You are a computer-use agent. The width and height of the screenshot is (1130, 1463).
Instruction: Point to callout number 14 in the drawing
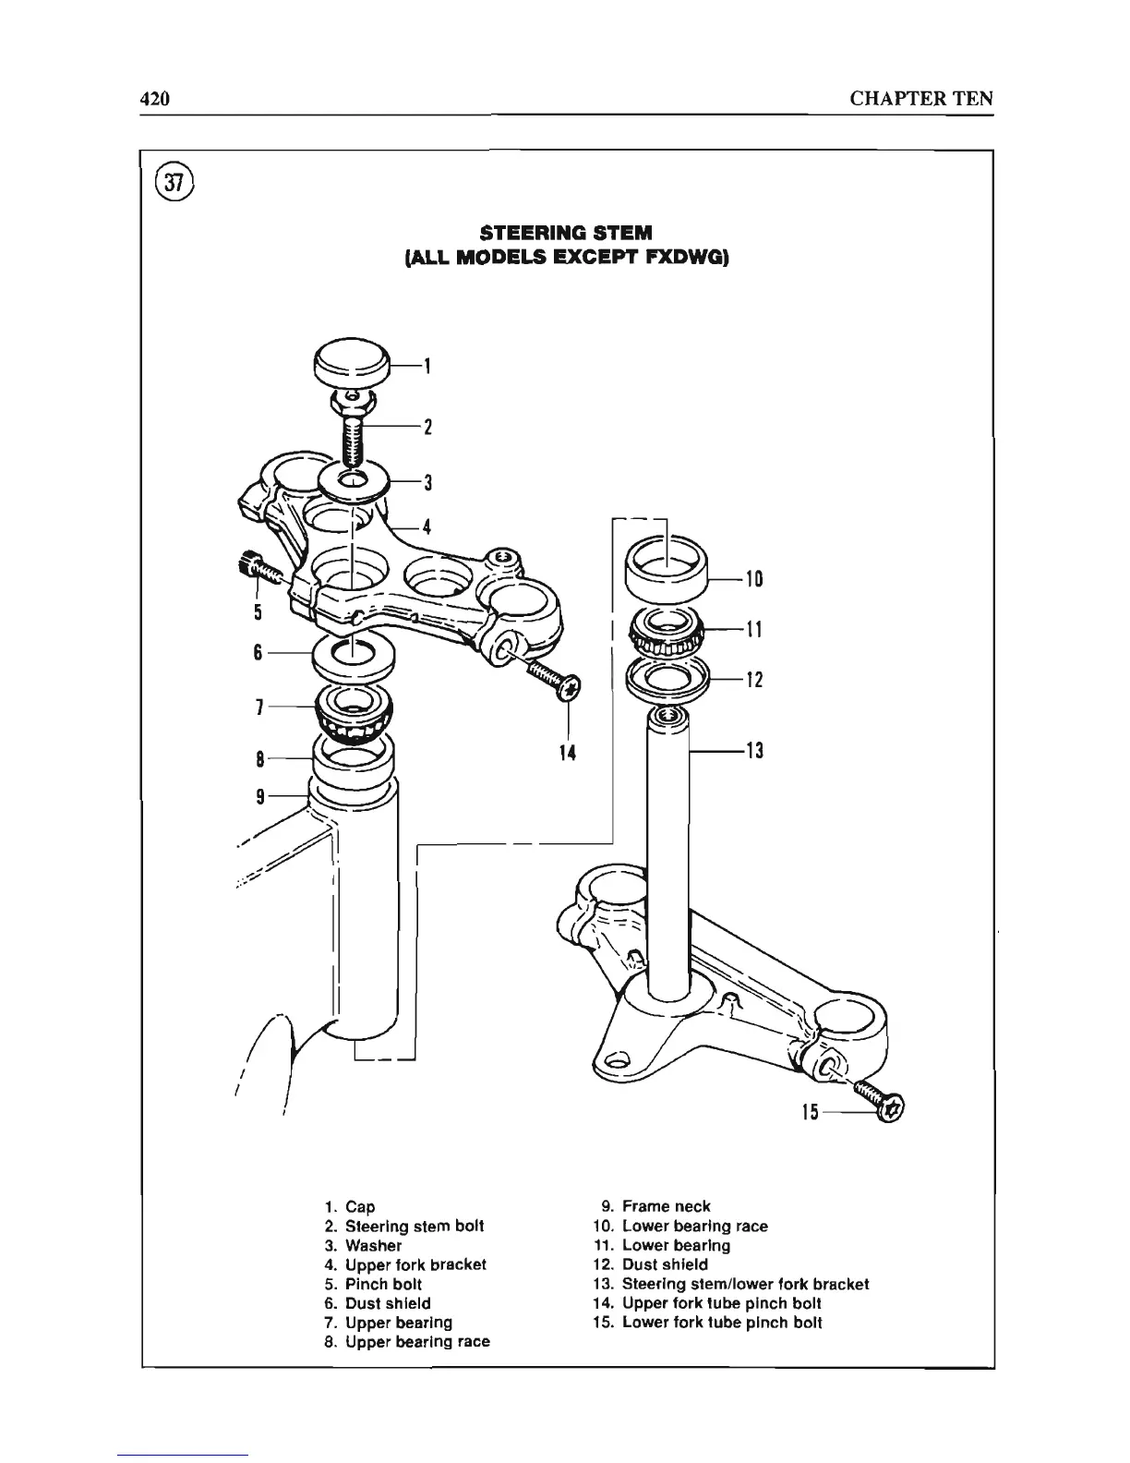click(x=567, y=754)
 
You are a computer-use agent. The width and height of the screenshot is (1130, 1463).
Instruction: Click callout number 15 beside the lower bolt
click(x=810, y=1113)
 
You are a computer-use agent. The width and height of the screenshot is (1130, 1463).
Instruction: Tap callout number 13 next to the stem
click(x=754, y=751)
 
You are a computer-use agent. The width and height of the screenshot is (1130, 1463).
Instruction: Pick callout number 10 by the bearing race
click(x=754, y=579)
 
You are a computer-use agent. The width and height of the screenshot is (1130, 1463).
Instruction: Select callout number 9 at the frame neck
click(x=261, y=795)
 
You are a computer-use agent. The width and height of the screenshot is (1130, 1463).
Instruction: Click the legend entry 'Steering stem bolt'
click(x=414, y=1226)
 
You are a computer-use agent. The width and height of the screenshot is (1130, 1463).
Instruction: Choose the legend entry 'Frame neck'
click(x=666, y=1206)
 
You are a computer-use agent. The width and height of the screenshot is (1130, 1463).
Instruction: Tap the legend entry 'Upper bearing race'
click(x=416, y=1341)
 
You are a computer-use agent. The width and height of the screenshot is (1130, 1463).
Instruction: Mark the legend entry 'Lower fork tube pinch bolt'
click(x=721, y=1322)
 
